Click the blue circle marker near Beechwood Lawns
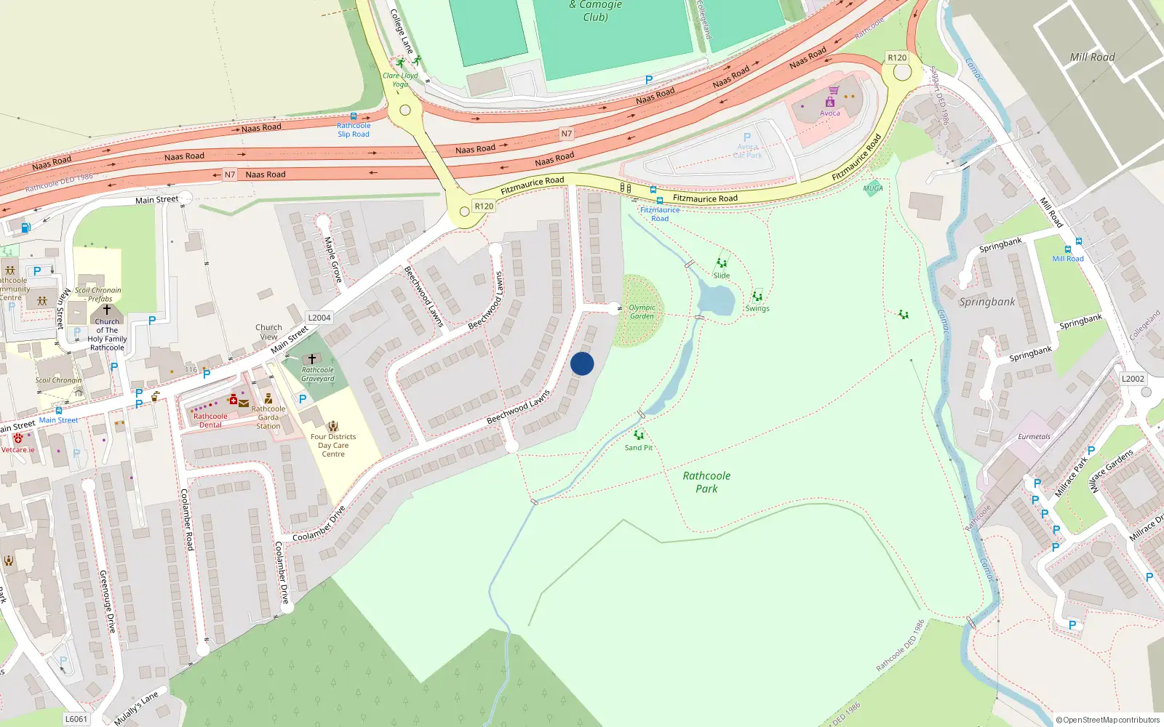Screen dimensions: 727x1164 coord(582,363)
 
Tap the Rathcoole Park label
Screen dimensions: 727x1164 coord(706,482)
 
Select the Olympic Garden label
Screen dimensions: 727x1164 coord(642,312)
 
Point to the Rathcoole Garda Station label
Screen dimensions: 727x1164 coord(268,417)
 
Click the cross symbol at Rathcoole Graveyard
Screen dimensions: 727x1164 coord(312,359)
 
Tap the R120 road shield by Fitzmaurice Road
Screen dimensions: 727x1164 coord(484,206)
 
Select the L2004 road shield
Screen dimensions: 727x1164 coord(319,318)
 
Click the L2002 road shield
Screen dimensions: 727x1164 coord(1133,379)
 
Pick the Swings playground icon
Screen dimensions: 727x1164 coord(757,297)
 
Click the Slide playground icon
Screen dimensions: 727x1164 coord(722,263)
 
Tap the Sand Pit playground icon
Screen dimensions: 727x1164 coord(639,435)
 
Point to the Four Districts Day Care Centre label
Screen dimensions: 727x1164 coord(333,445)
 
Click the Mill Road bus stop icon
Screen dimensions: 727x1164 coord(1078,242)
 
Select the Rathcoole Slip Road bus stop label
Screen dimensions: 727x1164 coord(354,129)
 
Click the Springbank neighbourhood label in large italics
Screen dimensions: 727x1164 coord(986,302)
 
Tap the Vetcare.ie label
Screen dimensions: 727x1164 coord(17,450)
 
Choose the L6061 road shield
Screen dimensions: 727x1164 coord(76,719)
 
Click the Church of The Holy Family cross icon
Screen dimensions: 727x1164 coord(107,310)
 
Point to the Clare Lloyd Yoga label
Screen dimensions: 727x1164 coord(400,79)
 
